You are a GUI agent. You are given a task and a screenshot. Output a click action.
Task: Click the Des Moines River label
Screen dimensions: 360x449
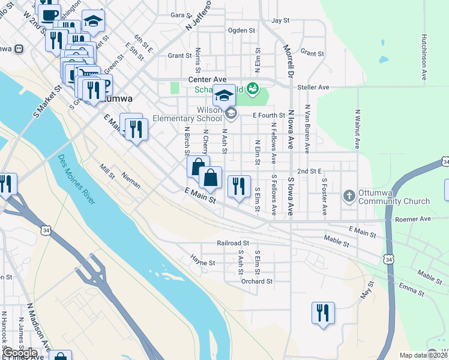[x=77, y=179]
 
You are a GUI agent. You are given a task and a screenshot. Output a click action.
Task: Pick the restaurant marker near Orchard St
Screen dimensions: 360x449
[x=323, y=313]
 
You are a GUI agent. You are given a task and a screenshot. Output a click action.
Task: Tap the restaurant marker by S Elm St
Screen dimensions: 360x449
[x=239, y=187]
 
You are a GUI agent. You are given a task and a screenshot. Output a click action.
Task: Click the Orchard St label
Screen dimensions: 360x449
[x=257, y=281]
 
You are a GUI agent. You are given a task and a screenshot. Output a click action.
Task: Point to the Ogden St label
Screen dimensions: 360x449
[x=242, y=30]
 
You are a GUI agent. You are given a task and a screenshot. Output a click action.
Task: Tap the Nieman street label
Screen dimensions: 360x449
[x=131, y=181]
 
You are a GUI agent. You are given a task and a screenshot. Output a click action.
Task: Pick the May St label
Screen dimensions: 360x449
[x=367, y=293]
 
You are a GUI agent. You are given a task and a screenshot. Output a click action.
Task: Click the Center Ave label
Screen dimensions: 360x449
[x=207, y=79]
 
